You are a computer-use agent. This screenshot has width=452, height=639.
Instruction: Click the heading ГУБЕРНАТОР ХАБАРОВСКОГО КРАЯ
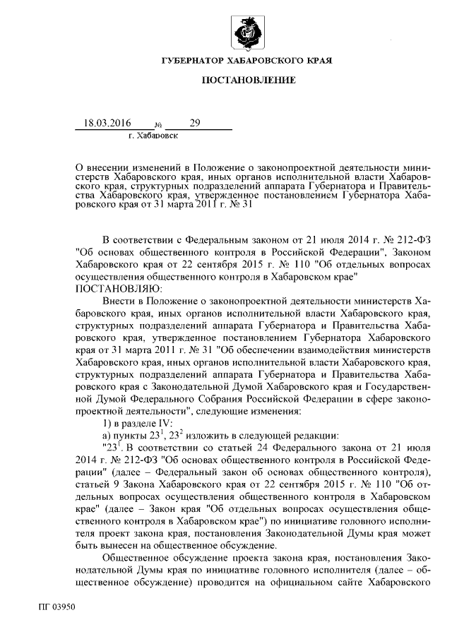[246, 61]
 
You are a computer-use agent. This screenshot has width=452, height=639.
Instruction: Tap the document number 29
[195, 123]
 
